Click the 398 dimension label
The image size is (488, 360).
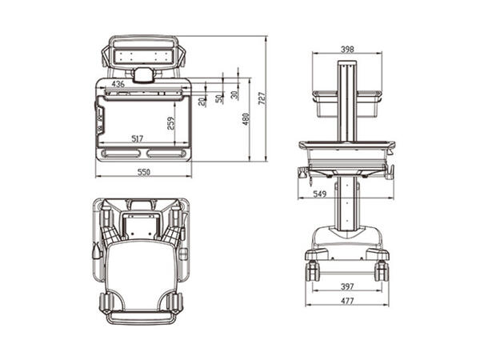[346, 49]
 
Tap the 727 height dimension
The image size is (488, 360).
[262, 99]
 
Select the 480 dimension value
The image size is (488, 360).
[246, 118]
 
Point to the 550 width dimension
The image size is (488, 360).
[143, 172]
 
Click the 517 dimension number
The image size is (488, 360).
[137, 138]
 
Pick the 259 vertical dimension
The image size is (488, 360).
[170, 122]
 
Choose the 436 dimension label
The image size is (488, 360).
[118, 84]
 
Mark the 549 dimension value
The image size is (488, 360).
[319, 194]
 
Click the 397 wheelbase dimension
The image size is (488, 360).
[346, 285]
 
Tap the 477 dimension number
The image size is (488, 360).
[346, 301]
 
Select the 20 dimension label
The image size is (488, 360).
[202, 101]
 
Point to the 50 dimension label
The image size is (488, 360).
[218, 98]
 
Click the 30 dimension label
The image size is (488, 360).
[234, 94]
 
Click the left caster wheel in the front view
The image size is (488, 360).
[311, 270]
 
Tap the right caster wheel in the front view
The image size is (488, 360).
[382, 270]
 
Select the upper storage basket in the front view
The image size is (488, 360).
[346, 104]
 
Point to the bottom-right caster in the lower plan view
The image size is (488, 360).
[175, 305]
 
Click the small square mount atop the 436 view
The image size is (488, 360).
[143, 75]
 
